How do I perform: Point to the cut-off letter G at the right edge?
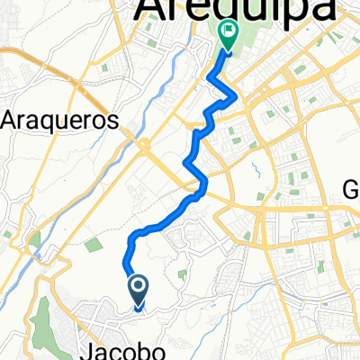click(x=352, y=190)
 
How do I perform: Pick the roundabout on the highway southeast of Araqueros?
click(x=143, y=144)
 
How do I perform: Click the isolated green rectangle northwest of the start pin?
click(x=93, y=244)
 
